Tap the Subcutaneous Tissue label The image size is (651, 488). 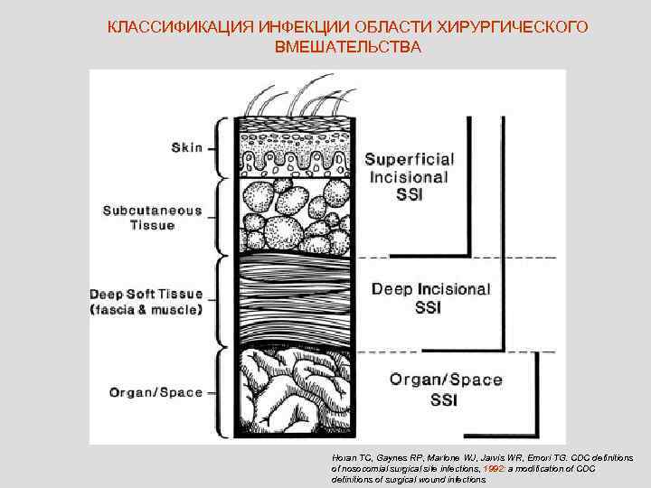pyautogui.click(x=152, y=218)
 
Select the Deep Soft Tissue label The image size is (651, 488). pyautogui.click(x=146, y=302)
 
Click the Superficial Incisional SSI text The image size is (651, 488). pyautogui.click(x=410, y=176)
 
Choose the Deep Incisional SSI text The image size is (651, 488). pyautogui.click(x=431, y=298)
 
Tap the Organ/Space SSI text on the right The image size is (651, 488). pyautogui.click(x=446, y=389)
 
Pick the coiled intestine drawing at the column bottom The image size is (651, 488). pyautogui.click(x=294, y=393)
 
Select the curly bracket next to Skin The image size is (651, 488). pyautogui.click(x=218, y=147)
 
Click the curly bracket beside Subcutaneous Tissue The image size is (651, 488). pyautogui.click(x=218, y=217)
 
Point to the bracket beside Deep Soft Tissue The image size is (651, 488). pyautogui.click(x=218, y=302)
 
